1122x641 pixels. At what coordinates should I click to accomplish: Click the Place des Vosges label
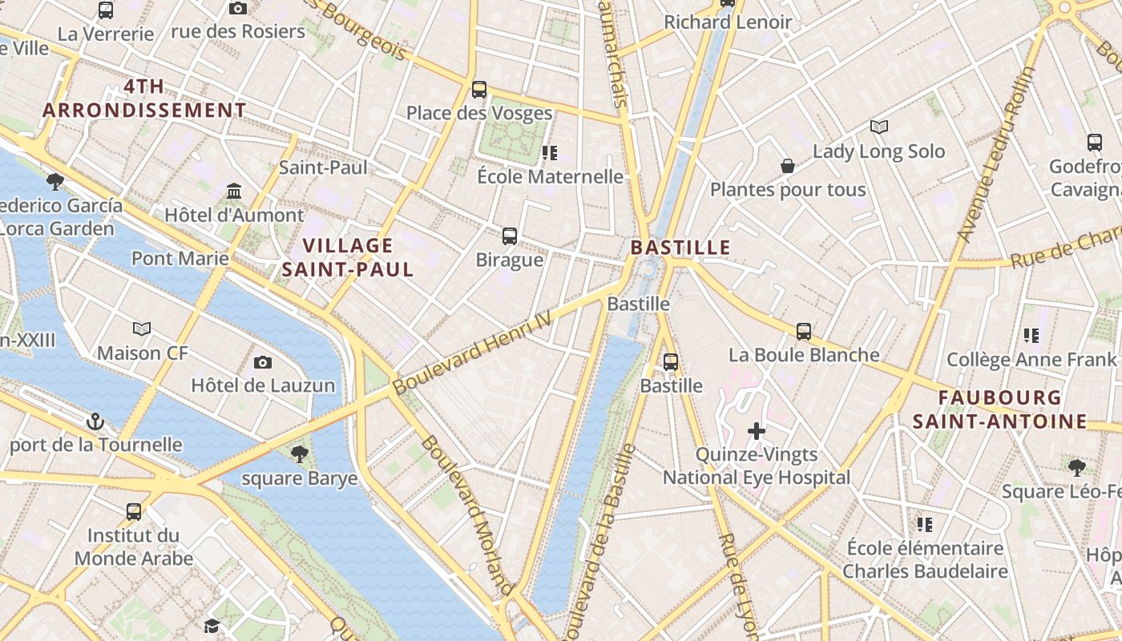[x=479, y=113]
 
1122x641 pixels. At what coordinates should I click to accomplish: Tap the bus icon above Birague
[x=510, y=236]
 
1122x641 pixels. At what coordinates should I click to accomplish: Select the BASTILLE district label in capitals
[x=680, y=248]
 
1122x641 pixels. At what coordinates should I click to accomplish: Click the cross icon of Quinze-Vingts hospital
[x=756, y=431]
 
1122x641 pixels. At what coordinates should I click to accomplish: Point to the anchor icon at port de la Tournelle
[x=95, y=421]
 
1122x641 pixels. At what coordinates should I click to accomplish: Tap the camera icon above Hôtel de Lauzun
[x=263, y=363]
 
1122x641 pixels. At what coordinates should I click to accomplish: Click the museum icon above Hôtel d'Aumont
[x=234, y=191]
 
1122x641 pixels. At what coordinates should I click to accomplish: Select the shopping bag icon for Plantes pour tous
[x=788, y=166]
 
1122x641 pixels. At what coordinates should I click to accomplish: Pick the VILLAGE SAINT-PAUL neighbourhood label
[x=348, y=257]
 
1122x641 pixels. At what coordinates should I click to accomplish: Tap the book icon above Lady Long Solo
[x=879, y=127]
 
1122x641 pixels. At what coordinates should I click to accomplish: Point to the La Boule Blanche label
[x=804, y=354]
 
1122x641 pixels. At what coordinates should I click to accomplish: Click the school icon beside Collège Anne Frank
[x=1031, y=336]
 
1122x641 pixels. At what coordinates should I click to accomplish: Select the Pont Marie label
[x=180, y=258]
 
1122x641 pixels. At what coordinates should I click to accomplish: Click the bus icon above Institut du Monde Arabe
[x=134, y=511]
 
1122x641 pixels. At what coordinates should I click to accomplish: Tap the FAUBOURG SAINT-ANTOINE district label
[x=1000, y=409]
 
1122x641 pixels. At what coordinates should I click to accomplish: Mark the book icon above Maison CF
[x=142, y=329]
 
